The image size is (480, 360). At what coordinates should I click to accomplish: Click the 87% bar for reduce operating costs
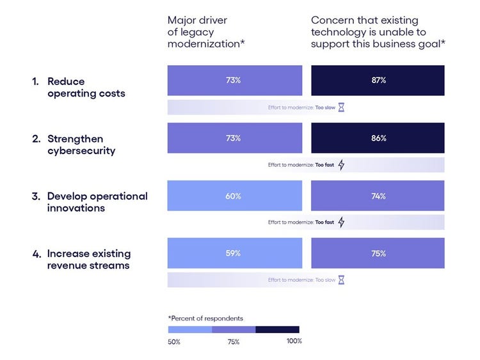[x=378, y=81]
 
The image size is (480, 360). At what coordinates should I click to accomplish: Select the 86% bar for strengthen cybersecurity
[x=378, y=138]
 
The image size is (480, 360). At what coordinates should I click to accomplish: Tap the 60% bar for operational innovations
[x=234, y=196]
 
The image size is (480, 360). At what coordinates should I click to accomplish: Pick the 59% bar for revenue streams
[x=234, y=253]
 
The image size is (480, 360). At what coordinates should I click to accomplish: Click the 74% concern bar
[x=378, y=196]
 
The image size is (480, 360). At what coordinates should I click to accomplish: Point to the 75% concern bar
[x=378, y=253]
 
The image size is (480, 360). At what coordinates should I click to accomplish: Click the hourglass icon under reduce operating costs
[x=341, y=107]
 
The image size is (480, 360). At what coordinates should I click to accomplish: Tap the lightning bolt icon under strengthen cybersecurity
[x=341, y=165]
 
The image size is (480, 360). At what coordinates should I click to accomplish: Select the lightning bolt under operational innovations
[x=341, y=223]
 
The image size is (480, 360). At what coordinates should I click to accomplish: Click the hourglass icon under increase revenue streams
[x=341, y=280]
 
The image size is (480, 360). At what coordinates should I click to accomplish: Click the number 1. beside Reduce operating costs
[x=36, y=82]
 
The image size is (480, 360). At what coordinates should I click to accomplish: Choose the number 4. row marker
[x=36, y=254]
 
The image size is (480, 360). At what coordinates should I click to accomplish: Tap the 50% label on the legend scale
[x=174, y=341]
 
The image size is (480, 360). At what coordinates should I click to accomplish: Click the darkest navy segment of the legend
[x=277, y=329]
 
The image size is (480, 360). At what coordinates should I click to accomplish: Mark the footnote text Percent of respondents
[x=205, y=318]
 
